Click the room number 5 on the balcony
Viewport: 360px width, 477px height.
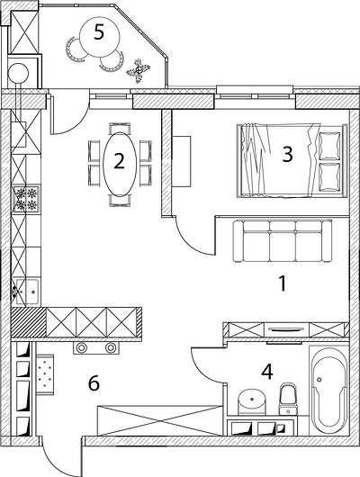pyautogui.click(x=99, y=32)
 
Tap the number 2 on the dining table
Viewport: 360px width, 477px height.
pyautogui.click(x=120, y=161)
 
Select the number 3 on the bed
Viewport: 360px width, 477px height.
pyautogui.click(x=288, y=154)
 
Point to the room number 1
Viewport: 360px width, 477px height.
pyautogui.click(x=283, y=283)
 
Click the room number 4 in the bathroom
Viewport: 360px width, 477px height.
pyautogui.click(x=267, y=372)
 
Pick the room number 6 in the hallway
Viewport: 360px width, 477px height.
pyautogui.click(x=94, y=383)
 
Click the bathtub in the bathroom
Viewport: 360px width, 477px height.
pyautogui.click(x=329, y=391)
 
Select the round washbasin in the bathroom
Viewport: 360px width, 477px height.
pyautogui.click(x=251, y=399)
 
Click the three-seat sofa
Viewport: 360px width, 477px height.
pyautogui.click(x=282, y=240)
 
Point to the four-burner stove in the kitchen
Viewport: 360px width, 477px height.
pyautogui.click(x=26, y=199)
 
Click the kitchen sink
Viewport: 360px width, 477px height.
pyautogui.click(x=27, y=292)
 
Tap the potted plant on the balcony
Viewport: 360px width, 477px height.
pyautogui.click(x=139, y=70)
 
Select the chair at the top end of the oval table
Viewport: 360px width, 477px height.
pyautogui.click(x=120, y=128)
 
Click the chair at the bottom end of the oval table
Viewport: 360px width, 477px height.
pyautogui.click(x=120, y=201)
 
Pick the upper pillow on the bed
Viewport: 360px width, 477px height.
pyautogui.click(x=329, y=146)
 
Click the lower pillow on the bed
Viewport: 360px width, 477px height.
pyautogui.click(x=329, y=177)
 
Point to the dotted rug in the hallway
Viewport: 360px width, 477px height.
pyautogui.click(x=45, y=374)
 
